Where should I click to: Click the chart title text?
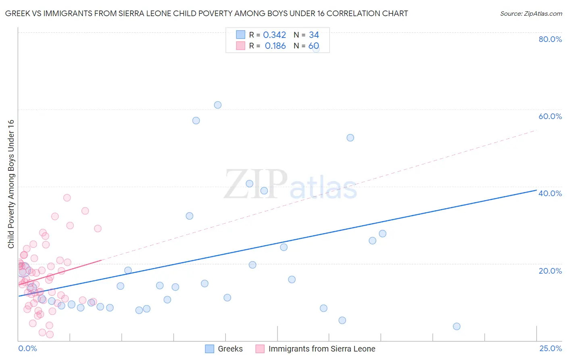click(x=206, y=13)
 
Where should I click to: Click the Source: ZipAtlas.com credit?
click(x=531, y=13)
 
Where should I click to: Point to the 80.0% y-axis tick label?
click(x=550, y=39)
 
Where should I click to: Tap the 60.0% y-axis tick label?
click(x=550, y=116)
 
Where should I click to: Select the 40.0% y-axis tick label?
click(x=550, y=193)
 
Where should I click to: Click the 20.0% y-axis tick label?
click(x=550, y=271)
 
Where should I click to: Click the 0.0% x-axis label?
click(x=27, y=348)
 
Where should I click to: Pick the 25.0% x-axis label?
click(x=550, y=348)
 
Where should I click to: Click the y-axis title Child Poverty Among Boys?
click(x=11, y=184)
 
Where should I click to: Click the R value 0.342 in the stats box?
click(x=274, y=35)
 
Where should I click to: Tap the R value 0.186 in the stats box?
click(x=275, y=46)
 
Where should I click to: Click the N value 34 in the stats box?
click(x=314, y=35)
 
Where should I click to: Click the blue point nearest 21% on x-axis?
click(x=457, y=327)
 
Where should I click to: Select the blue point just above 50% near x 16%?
click(x=350, y=138)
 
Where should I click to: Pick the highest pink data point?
click(x=67, y=198)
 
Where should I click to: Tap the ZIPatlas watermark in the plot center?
click(x=290, y=185)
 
